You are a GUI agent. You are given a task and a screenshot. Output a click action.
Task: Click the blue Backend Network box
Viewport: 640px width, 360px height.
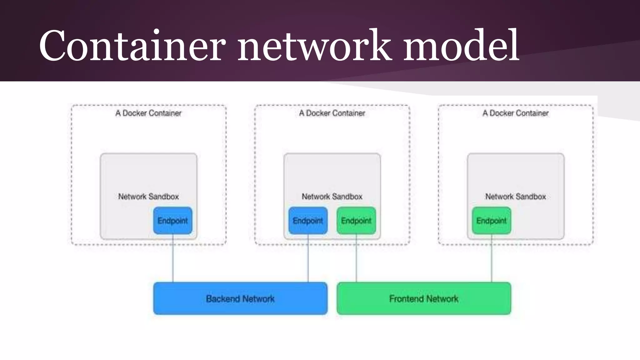coord(240,299)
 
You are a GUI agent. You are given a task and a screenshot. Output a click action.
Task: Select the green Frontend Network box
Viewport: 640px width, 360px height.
coord(424,299)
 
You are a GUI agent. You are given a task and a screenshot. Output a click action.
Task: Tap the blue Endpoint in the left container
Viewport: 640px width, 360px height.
coord(172,221)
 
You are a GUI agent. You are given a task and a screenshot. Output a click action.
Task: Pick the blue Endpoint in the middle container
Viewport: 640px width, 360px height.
coord(308,221)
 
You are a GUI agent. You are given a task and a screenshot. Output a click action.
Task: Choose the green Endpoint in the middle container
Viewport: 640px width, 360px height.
coord(356,221)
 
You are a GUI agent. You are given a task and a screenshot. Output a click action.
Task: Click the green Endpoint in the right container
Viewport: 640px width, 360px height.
coord(491,221)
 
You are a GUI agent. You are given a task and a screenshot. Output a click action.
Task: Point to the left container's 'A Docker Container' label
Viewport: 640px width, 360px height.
coord(148,113)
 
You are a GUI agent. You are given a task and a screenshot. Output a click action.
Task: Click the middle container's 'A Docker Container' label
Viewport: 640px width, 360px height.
coord(332,113)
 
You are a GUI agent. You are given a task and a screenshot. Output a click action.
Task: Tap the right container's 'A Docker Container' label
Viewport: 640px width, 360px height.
coord(516,113)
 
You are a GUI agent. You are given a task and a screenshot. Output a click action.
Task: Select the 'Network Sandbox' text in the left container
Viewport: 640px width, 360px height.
coord(148,197)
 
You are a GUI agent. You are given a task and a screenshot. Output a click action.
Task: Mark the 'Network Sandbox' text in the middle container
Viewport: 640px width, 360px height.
coord(332,197)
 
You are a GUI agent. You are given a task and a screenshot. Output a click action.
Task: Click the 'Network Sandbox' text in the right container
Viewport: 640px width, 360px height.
coord(516,197)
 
